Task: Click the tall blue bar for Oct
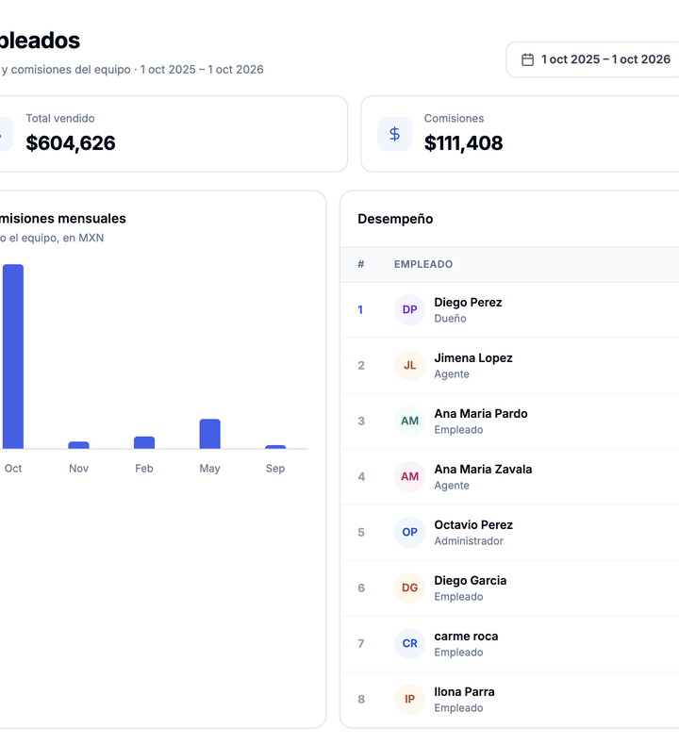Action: point(13,356)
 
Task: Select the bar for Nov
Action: point(78,445)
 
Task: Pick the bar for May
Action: point(209,434)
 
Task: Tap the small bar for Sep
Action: point(275,447)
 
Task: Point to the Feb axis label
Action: point(144,469)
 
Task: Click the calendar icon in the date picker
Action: point(527,59)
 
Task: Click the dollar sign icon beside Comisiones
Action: point(394,134)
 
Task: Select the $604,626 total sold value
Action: point(71,143)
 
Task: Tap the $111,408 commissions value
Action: point(463,143)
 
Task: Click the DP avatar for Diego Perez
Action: point(409,309)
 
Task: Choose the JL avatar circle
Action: point(409,365)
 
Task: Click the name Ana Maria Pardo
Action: point(481,413)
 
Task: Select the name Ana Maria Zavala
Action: point(483,469)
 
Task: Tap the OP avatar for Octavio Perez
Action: point(409,532)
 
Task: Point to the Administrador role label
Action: point(469,541)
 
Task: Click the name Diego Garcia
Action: point(471,580)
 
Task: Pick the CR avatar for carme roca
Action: point(409,643)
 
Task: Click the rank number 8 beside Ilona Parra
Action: point(361,700)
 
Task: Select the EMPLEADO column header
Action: point(423,264)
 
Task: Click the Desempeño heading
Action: point(395,219)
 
